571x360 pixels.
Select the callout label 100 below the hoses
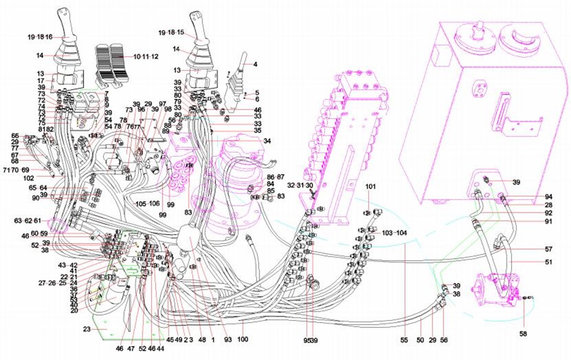243,340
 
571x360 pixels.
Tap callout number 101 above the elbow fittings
370,187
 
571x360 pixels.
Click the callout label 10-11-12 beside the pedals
146,57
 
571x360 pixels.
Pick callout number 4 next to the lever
255,64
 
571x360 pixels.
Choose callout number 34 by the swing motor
267,141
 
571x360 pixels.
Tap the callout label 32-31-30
300,185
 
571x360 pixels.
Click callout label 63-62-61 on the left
29,221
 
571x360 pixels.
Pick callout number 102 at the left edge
29,178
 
